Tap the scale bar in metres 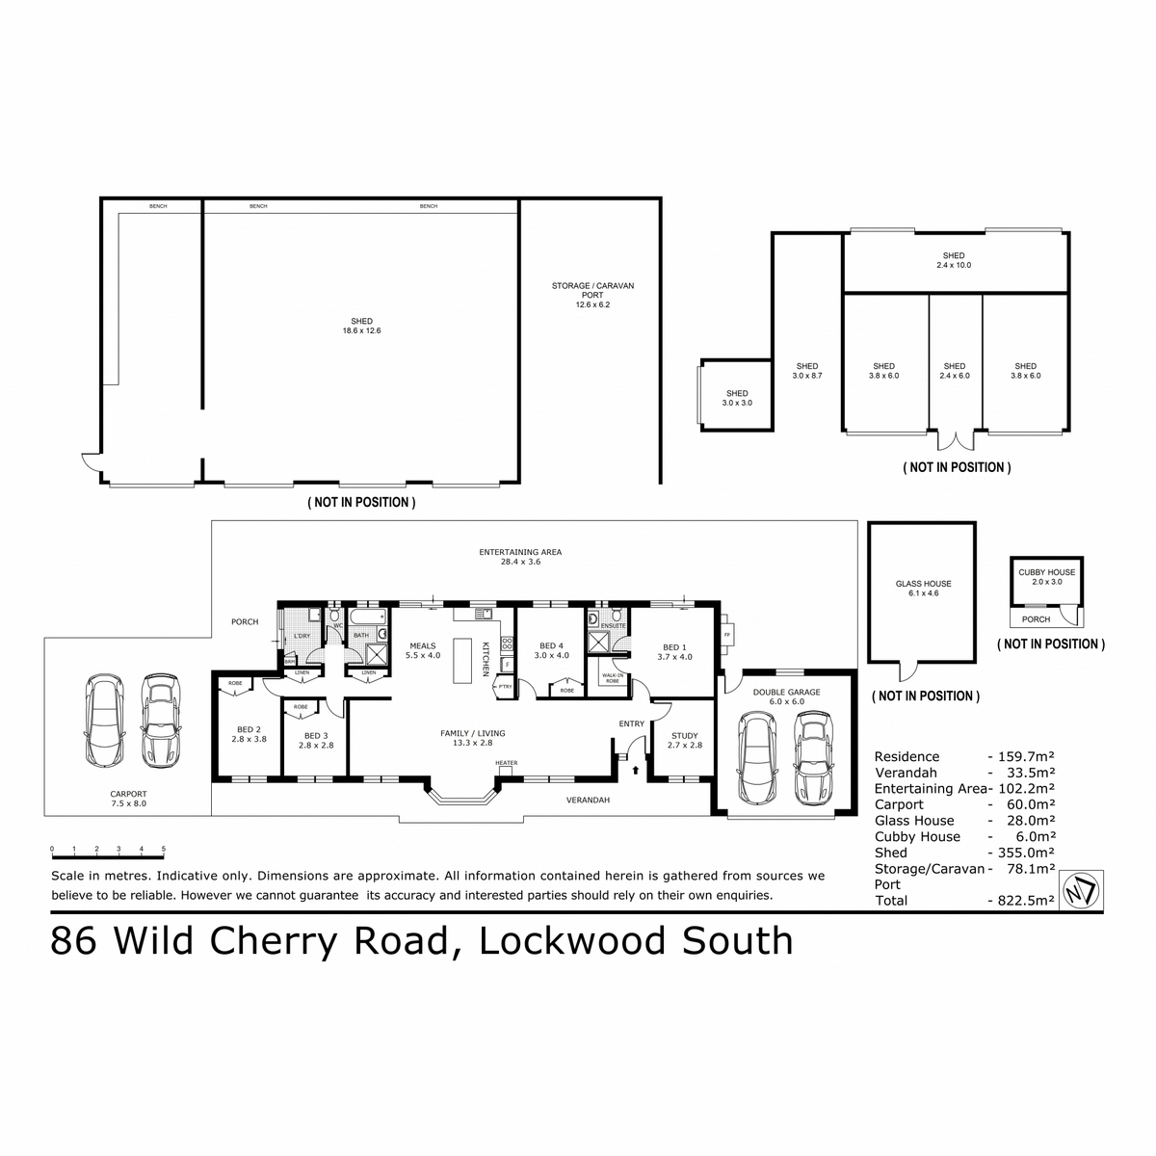click(x=107, y=854)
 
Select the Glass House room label click(x=923, y=589)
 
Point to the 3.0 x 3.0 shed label click(x=737, y=398)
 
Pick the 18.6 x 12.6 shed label click(x=362, y=326)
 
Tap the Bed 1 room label click(x=674, y=651)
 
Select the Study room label click(x=685, y=740)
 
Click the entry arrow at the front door click(x=634, y=768)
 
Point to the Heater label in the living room click(x=506, y=763)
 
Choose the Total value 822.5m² click(x=1021, y=901)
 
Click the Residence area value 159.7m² click(x=1021, y=756)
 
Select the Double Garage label click(x=786, y=696)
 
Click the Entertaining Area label click(x=520, y=556)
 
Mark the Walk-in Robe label click(x=612, y=679)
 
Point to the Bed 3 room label click(x=315, y=740)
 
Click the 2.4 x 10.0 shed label click(x=954, y=260)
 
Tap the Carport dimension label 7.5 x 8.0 click(x=128, y=802)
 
